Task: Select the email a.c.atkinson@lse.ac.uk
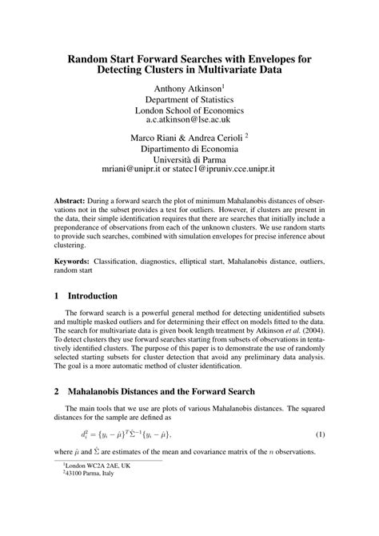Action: [189, 119]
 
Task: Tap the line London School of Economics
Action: [189, 110]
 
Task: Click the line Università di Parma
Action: [189, 159]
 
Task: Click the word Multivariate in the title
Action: [239, 71]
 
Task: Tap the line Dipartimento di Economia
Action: [189, 149]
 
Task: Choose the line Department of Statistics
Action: [189, 99]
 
